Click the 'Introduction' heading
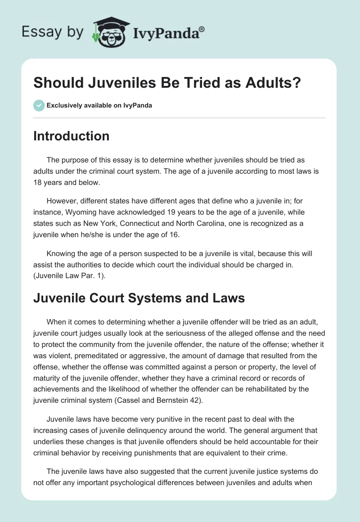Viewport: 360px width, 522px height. [x=71, y=136]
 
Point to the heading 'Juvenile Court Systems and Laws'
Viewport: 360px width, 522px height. [x=139, y=298]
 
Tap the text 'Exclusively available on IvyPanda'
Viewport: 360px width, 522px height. [x=99, y=105]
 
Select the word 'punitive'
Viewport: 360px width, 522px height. [x=162, y=420]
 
